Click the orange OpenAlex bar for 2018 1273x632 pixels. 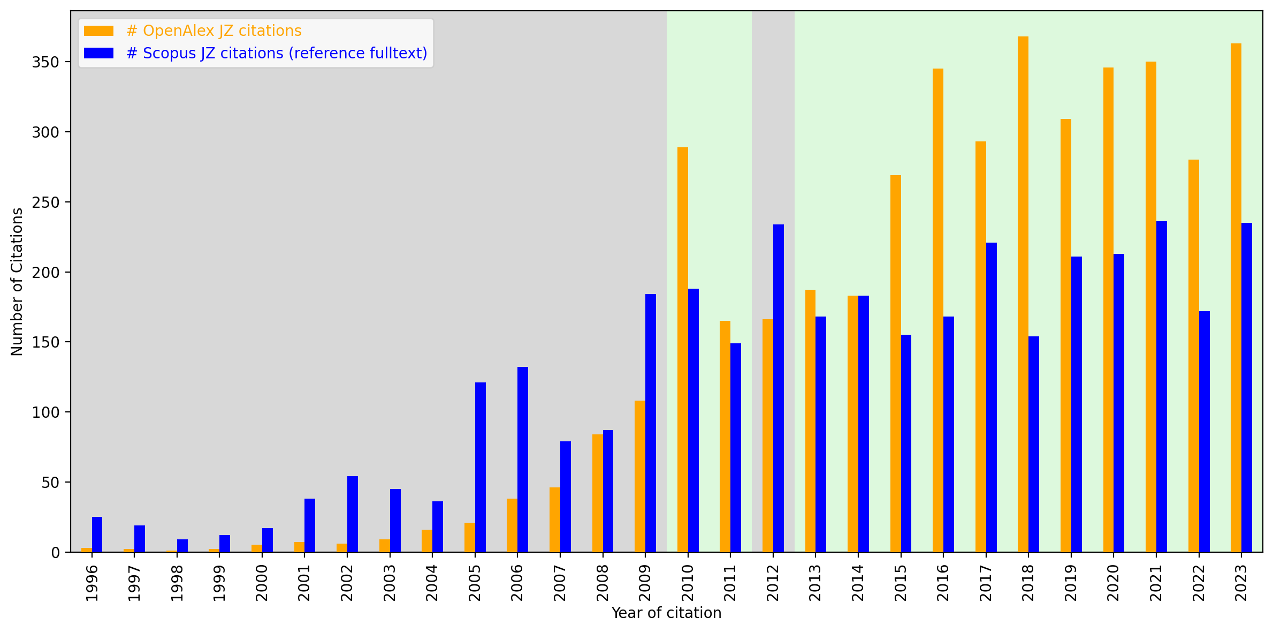pos(1023,295)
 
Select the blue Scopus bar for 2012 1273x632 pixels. pos(778,388)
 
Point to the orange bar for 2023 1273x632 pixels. pos(1236,298)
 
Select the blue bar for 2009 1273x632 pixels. pos(650,423)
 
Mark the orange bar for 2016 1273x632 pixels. pos(937,310)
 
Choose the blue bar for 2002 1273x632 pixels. pos(352,514)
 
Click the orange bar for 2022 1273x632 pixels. pos(1193,356)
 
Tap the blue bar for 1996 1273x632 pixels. pos(97,535)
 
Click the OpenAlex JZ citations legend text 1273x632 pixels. pos(214,31)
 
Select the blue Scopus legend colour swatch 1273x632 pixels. pos(98,53)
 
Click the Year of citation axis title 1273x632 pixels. pos(666,613)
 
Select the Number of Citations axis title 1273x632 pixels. pos(17,282)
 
